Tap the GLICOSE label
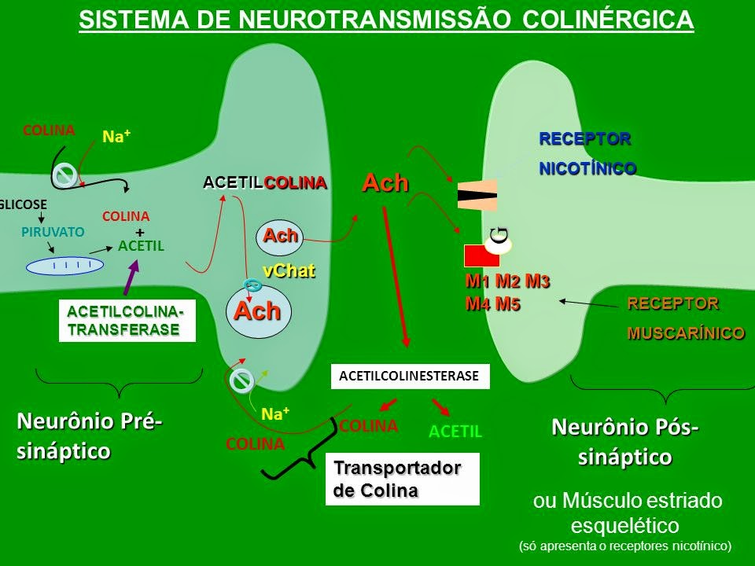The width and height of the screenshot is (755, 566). [24, 203]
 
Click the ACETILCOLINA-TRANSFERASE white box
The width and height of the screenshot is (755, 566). [127, 322]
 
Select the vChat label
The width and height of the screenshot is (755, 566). [289, 271]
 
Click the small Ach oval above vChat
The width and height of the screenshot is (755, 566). [281, 236]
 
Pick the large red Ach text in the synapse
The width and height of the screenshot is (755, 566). [385, 182]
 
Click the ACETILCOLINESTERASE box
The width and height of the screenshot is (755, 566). [409, 377]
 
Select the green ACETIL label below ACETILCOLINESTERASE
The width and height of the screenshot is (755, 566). [455, 432]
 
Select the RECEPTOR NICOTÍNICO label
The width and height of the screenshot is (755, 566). [587, 153]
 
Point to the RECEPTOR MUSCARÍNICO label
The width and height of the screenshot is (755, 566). [685, 318]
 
